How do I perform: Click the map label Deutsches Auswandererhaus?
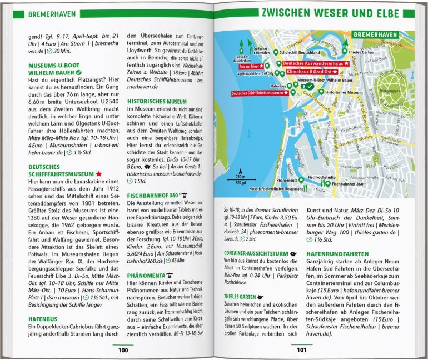[312, 64]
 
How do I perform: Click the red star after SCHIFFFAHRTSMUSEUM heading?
[99, 174]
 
